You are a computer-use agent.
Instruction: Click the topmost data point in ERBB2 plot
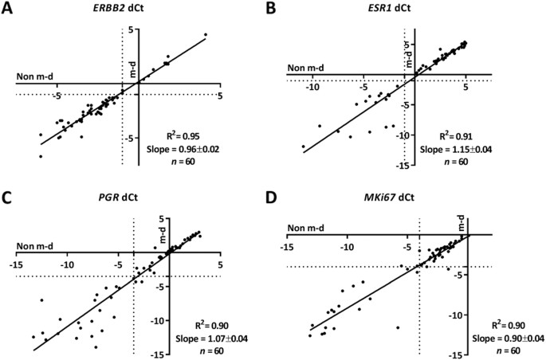206,35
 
